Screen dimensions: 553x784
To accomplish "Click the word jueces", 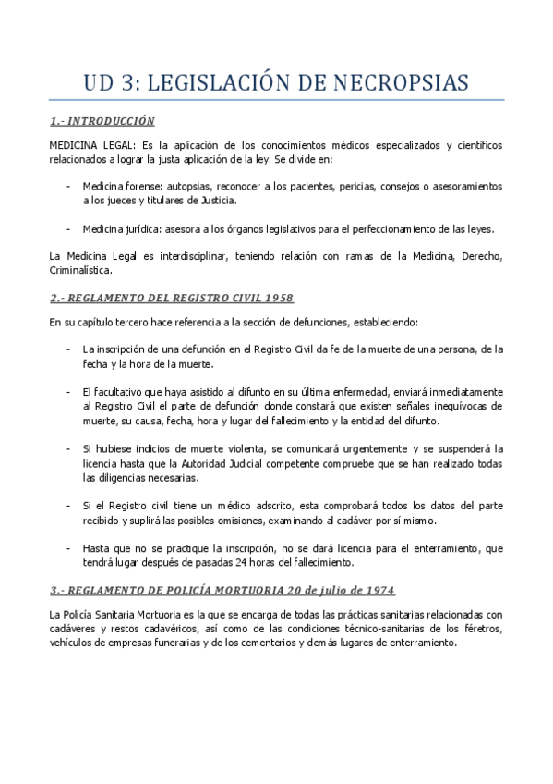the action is click(x=123, y=199).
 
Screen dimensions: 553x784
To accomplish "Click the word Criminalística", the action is click(x=80, y=272).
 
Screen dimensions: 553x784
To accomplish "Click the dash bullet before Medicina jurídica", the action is click(x=70, y=229).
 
